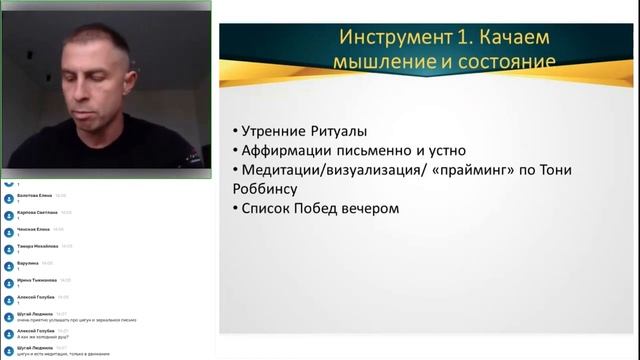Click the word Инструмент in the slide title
pyautogui.click(x=398, y=38)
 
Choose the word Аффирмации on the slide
pyautogui.click(x=291, y=151)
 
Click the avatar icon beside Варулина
pyautogui.click(x=9, y=265)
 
